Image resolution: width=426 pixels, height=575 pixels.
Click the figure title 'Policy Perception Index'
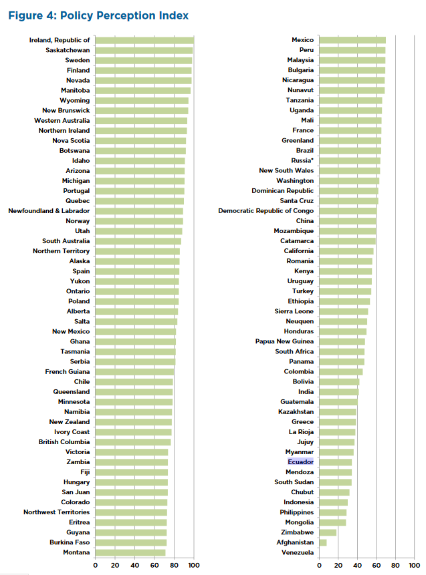pos(98,15)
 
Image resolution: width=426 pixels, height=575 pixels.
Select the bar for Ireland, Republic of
pos(144,40)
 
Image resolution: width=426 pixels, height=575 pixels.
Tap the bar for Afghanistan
pos(323,542)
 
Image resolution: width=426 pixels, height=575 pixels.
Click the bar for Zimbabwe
pos(328,532)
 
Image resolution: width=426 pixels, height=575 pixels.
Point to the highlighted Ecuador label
pos(300,462)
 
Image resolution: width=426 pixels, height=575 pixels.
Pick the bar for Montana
pos(130,552)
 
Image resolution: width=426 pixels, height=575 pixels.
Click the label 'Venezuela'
pos(297,552)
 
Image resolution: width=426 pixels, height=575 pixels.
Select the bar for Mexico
pos(352,40)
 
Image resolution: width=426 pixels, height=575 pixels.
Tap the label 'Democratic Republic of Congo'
pos(265,211)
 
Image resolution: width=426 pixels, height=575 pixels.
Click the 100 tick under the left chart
pos(194,565)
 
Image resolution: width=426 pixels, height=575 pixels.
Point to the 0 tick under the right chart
pos(320,565)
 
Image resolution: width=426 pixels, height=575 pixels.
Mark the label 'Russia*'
pos(302,160)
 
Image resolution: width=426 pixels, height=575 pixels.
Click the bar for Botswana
pos(140,150)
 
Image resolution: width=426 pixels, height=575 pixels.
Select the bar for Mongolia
pos(332,522)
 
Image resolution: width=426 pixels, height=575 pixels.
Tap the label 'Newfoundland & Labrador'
pos(49,211)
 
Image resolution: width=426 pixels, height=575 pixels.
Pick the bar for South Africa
pos(342,351)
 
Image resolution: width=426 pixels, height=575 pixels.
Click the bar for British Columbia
pos(133,442)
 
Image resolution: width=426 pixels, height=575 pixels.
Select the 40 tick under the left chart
pos(135,565)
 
